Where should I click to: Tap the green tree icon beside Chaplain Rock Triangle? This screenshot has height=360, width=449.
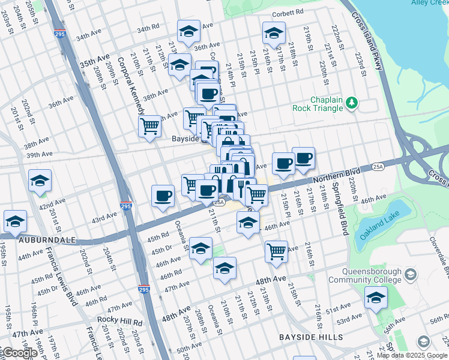(352, 104)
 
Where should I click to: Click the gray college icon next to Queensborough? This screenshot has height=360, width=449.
(411, 275)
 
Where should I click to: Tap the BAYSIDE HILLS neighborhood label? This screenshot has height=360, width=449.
(310, 338)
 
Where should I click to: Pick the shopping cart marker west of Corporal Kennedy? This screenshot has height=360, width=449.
(149, 126)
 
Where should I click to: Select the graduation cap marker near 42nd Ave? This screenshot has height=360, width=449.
(40, 180)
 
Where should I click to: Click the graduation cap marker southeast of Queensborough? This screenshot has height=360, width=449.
(376, 298)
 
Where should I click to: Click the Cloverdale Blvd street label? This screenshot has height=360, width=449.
(441, 251)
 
